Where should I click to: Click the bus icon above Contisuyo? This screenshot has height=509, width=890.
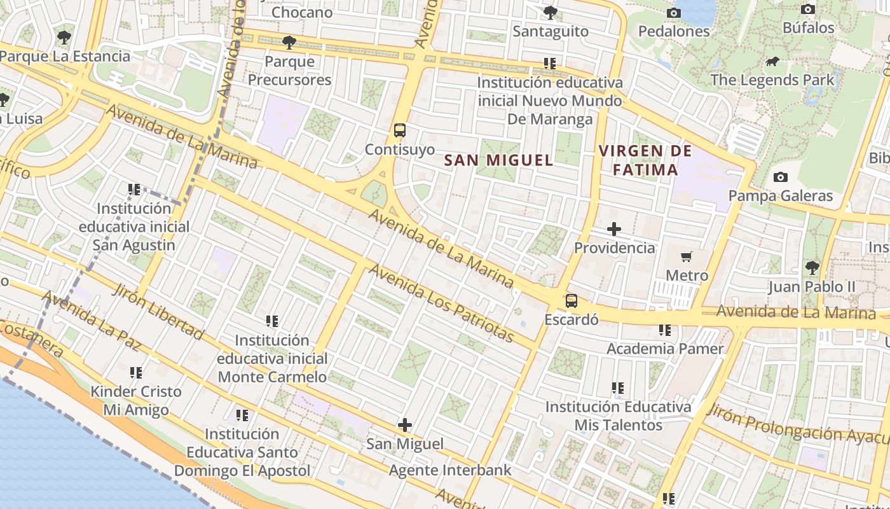tap(399, 130)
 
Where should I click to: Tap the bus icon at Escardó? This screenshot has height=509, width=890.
tap(571, 301)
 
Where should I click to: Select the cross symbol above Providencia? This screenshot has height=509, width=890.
tap(614, 229)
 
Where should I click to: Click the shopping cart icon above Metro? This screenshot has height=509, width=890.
tap(686, 257)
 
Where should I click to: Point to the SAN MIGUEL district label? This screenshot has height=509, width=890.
tap(498, 160)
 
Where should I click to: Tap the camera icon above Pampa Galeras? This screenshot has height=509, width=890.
tap(780, 177)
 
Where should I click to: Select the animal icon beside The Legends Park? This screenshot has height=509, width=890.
tap(772, 62)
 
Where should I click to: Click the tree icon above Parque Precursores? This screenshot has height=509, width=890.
tap(289, 43)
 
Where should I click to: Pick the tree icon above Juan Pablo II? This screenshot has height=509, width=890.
tap(812, 267)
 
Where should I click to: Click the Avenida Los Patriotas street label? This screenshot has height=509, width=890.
tap(441, 303)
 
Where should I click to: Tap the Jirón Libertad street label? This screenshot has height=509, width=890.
tap(158, 312)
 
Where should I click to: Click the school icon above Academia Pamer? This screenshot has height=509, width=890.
tap(664, 330)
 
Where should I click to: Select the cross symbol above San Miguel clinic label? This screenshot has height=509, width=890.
tap(405, 425)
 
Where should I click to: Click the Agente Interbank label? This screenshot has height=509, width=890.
tap(450, 470)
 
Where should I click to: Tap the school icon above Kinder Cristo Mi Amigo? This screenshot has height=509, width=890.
tap(135, 373)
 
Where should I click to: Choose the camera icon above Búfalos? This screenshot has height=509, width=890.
tap(808, 9)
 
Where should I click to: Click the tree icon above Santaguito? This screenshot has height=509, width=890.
tap(551, 12)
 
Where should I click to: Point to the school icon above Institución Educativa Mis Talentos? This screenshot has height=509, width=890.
tap(617, 388)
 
